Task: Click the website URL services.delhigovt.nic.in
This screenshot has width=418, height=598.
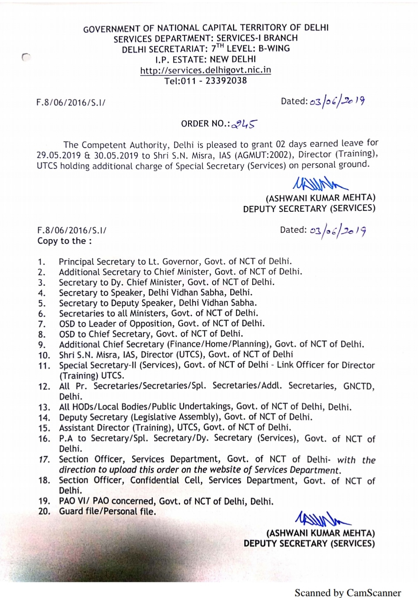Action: point(205,70)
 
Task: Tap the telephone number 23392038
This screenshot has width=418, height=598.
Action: point(226,81)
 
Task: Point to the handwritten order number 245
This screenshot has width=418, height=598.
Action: point(246,124)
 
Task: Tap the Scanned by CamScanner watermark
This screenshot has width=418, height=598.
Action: point(347,593)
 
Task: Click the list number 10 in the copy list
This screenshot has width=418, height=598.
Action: point(44,355)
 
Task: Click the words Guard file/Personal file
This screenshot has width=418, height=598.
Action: point(107,512)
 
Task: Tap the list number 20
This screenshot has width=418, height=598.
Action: point(44,512)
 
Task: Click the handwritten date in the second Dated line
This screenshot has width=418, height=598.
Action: point(337,230)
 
